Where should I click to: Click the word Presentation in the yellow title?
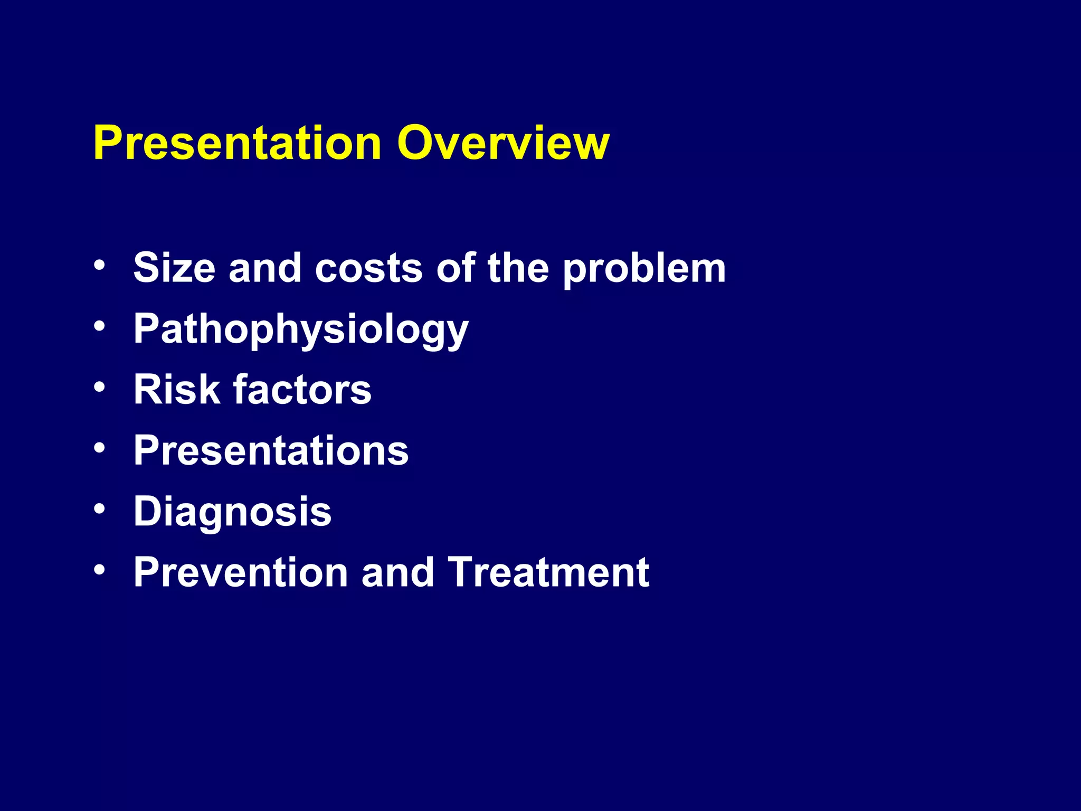pos(237,143)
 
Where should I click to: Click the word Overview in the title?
pos(503,143)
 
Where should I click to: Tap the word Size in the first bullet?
pos(174,268)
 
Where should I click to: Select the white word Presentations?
pos(271,451)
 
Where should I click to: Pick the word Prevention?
pos(241,572)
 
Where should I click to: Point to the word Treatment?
pos(549,572)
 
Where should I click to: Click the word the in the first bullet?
pos(518,268)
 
